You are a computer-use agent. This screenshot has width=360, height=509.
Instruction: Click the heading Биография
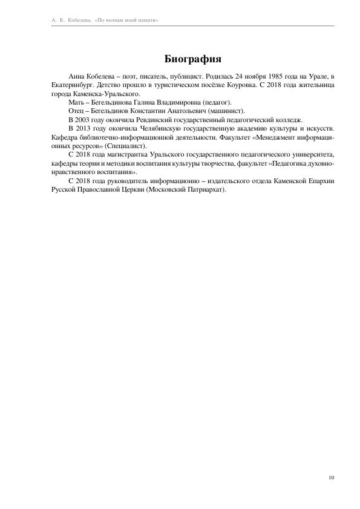(x=192, y=59)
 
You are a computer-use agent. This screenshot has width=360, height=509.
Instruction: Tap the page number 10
(x=332, y=478)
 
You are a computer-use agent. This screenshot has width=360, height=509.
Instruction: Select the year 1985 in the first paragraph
(x=264, y=77)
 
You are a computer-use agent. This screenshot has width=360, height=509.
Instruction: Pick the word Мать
(x=77, y=103)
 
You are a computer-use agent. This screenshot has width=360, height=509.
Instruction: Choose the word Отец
(x=77, y=112)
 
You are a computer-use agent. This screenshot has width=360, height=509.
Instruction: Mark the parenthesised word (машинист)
(x=225, y=112)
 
